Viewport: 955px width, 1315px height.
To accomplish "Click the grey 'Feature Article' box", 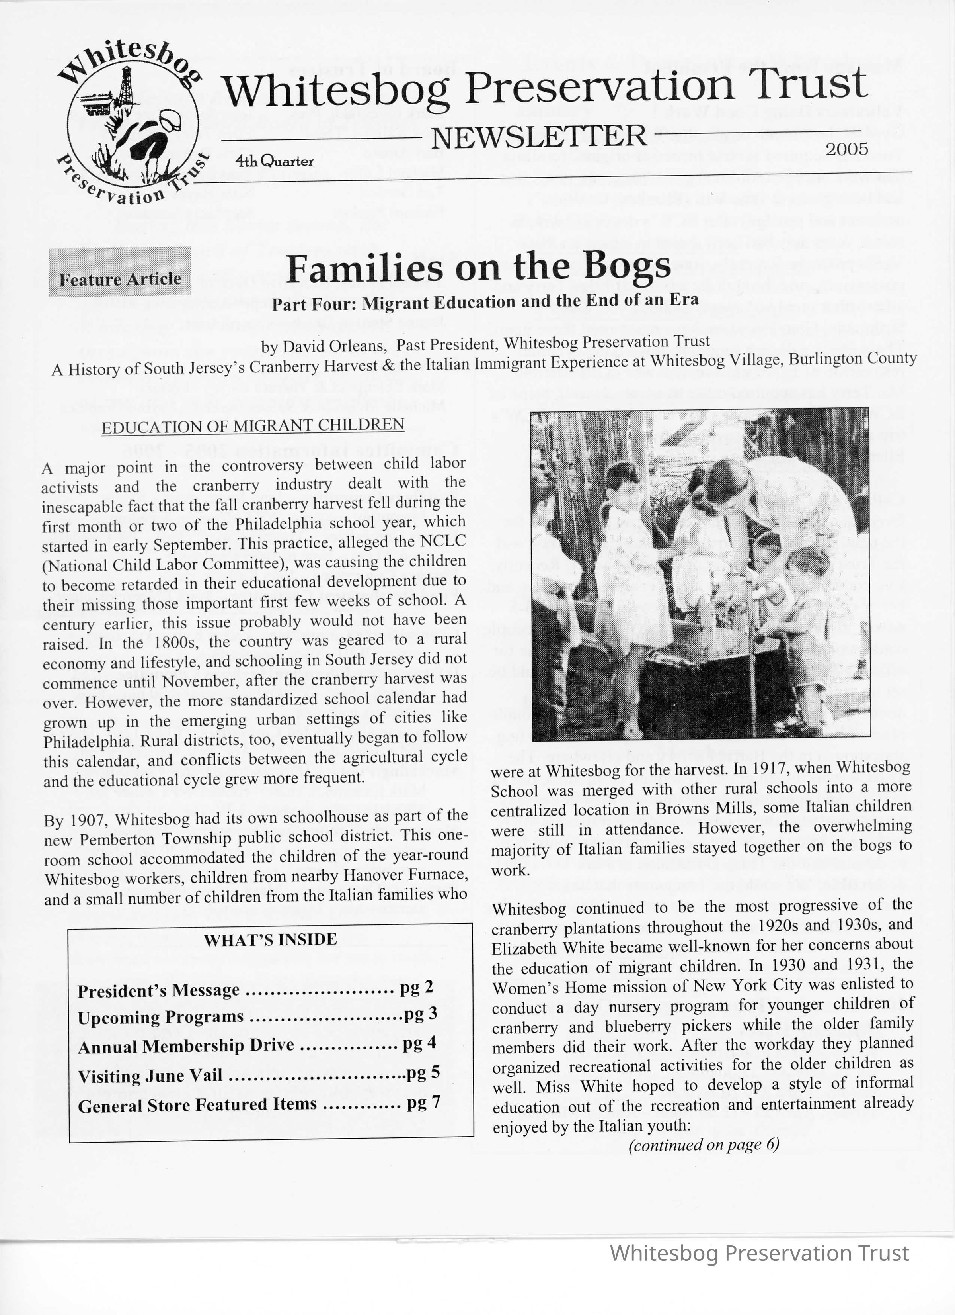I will click(120, 272).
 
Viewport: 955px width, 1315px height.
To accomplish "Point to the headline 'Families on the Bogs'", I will click(479, 267).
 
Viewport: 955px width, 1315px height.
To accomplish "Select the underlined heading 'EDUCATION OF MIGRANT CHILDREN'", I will click(253, 426).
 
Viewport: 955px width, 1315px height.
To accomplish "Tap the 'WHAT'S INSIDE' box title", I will click(270, 940).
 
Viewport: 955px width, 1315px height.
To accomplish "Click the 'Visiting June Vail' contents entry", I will click(150, 1076).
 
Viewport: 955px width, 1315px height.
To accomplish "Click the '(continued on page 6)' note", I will click(704, 1145).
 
